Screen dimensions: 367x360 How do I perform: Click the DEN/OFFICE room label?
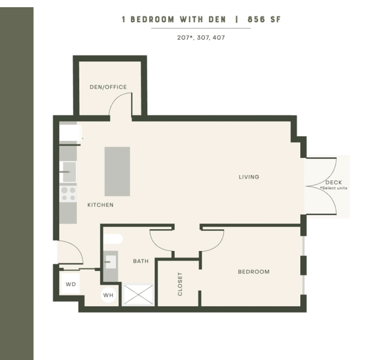[x=108, y=87]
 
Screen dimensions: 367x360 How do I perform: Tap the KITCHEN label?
[x=100, y=205]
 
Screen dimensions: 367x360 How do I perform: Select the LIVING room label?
[x=249, y=177]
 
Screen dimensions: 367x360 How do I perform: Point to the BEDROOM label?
[x=254, y=272]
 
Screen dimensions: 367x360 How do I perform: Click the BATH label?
[x=141, y=261]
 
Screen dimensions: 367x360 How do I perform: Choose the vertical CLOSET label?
[x=180, y=284]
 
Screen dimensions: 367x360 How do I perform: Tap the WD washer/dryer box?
[x=71, y=284]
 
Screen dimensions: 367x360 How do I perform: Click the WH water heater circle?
[x=109, y=295]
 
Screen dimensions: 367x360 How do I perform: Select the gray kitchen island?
[x=117, y=171]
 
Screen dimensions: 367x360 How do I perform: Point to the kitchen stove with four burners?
[x=68, y=194]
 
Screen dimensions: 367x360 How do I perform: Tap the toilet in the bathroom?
[x=113, y=239]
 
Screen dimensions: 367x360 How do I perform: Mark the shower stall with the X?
[x=138, y=294]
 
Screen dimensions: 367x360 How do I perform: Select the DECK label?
[x=334, y=183]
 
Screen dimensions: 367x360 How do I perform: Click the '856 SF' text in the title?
[x=264, y=20]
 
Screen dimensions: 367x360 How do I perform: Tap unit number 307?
[x=203, y=38]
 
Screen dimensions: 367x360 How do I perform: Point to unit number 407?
[x=219, y=38]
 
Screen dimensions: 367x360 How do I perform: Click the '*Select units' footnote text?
[x=334, y=188]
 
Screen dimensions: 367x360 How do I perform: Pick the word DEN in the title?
[x=217, y=20]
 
